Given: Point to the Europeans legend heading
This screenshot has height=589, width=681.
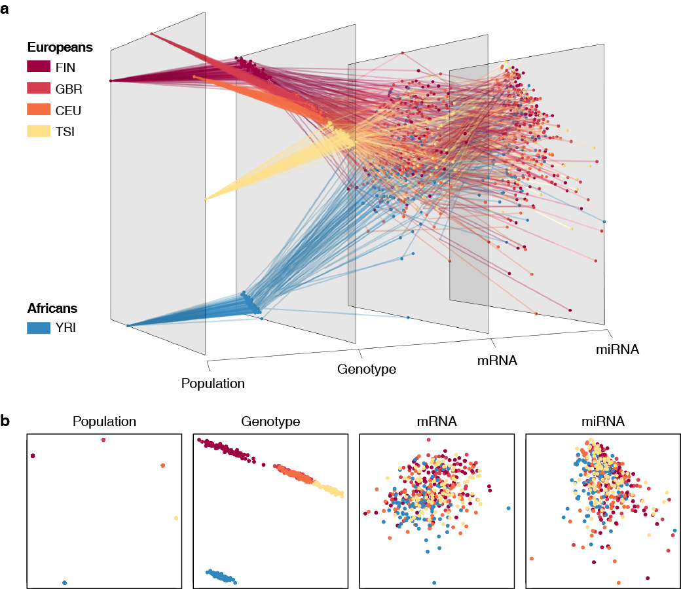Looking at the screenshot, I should tap(60, 47).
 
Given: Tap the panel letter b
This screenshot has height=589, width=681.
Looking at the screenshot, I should tap(6, 421).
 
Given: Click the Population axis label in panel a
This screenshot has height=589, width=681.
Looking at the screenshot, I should tap(213, 384).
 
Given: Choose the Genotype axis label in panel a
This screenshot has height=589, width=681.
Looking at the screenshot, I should tap(367, 369).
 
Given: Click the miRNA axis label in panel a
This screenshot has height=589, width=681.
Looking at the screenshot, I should tap(617, 349).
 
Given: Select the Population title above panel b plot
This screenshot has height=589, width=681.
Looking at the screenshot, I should tap(105, 421).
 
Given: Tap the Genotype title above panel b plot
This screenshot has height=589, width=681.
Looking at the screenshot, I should tap(270, 421).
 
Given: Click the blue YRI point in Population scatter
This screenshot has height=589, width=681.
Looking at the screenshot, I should tap(64, 582).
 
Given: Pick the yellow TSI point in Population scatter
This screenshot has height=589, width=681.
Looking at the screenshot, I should tap(176, 518).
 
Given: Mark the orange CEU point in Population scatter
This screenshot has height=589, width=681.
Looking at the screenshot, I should tap(162, 465).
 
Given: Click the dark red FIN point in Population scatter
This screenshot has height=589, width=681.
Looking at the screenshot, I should tap(33, 455).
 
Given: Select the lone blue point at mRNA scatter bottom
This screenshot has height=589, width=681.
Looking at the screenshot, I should tap(434, 582).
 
